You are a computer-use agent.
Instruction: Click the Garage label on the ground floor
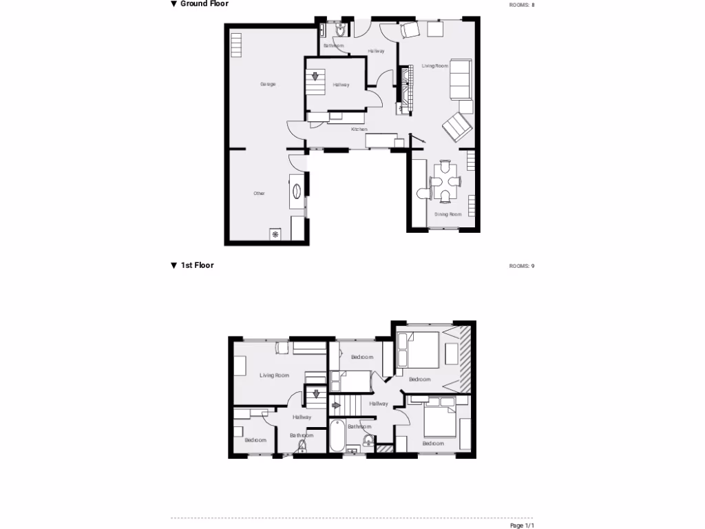pos(268,84)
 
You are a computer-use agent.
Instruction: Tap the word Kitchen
pos(359,129)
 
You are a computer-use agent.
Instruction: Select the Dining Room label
pos(448,214)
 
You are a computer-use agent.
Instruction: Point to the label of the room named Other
pos(259,194)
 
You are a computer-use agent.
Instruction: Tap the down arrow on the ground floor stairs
pos(317,76)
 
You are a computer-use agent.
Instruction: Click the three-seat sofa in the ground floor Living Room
pos(460,79)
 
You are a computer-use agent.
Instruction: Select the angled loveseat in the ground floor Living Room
pos(457,126)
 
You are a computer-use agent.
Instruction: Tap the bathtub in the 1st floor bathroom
pos(337,437)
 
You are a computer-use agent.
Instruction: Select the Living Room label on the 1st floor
pos(274,375)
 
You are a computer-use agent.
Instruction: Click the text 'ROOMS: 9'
pos(521,266)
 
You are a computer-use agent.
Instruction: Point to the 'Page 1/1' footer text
pos(521,526)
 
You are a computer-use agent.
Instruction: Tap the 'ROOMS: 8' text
pos(521,5)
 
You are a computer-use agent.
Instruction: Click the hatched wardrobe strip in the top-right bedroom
pos(465,357)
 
